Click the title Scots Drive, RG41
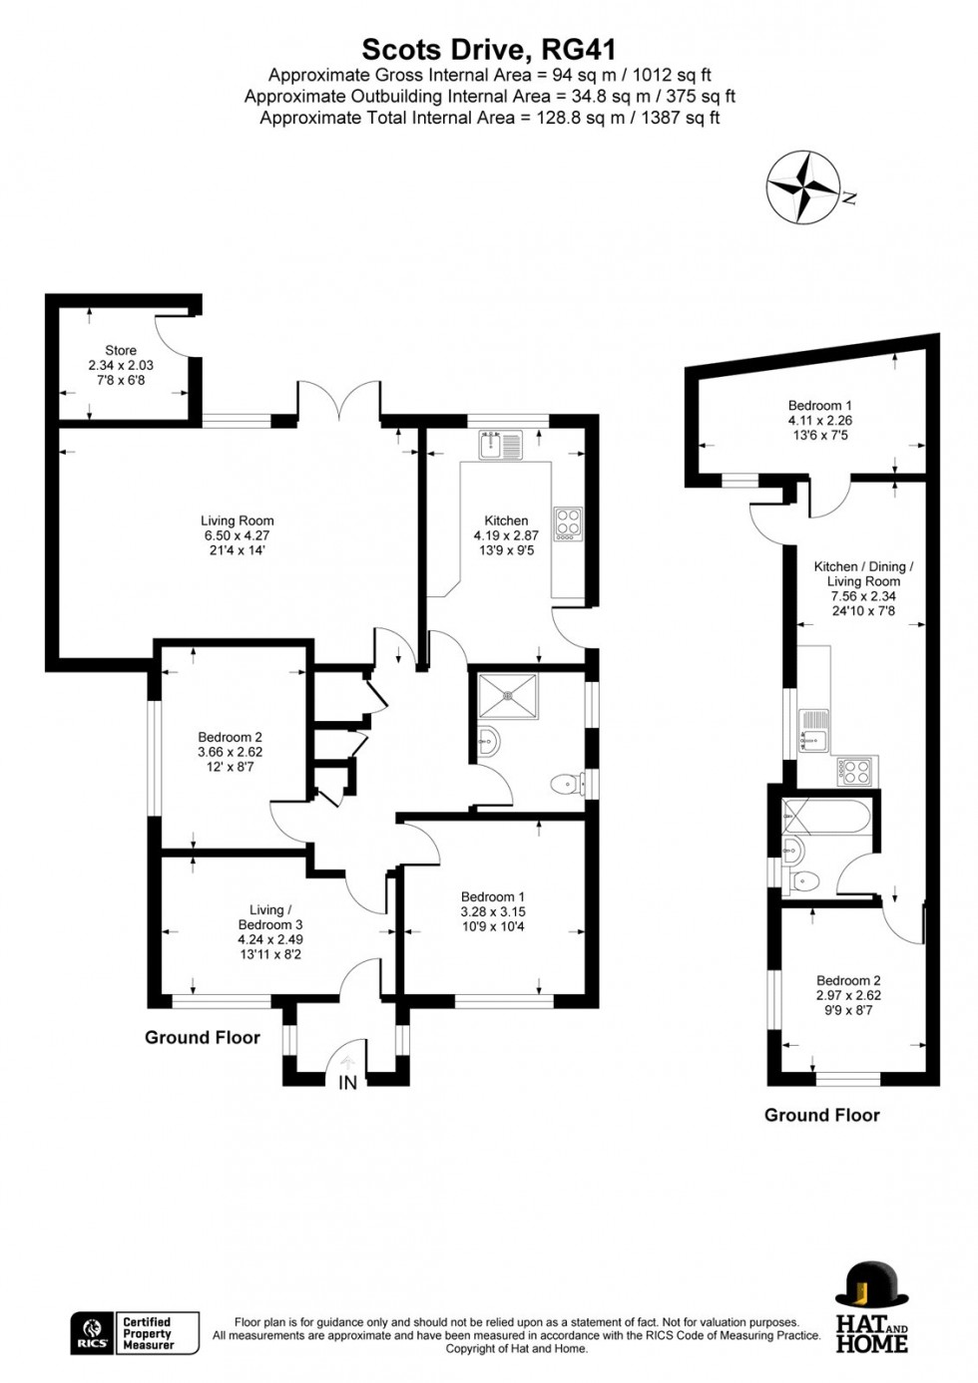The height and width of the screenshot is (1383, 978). (488, 49)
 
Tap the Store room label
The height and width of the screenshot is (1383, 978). (121, 365)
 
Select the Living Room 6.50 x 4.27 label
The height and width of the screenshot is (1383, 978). (237, 534)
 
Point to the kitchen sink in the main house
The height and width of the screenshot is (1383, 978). (500, 445)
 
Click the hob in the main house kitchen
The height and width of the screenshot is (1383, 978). (568, 524)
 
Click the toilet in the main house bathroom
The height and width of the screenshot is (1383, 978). (569, 785)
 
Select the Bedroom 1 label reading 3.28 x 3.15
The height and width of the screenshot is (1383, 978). (493, 911)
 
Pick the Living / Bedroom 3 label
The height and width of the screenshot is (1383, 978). (270, 924)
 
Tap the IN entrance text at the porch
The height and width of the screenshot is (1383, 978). (347, 1083)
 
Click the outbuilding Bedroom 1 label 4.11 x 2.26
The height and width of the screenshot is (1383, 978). (819, 420)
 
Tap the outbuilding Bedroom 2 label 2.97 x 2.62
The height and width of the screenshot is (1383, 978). (848, 994)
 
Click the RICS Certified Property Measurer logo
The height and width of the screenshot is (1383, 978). (135, 1333)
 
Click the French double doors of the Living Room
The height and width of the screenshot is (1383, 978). (338, 403)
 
